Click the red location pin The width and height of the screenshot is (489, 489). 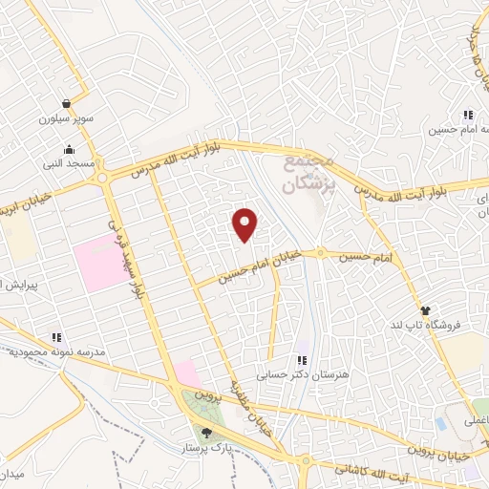click(x=246, y=224)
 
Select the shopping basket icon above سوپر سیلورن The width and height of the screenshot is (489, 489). click(x=65, y=104)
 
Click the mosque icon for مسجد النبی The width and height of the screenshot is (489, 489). click(x=69, y=150)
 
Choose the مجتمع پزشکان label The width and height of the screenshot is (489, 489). click(x=313, y=171)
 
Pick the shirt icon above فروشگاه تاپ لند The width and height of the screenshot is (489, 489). click(x=426, y=310)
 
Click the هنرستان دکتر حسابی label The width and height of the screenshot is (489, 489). click(x=298, y=374)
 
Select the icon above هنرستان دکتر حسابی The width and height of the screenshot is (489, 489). click(x=302, y=360)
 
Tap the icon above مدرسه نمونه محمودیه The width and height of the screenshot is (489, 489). click(x=56, y=337)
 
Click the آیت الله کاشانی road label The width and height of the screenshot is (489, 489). click(x=382, y=469)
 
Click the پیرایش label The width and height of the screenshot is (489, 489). click(x=15, y=286)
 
